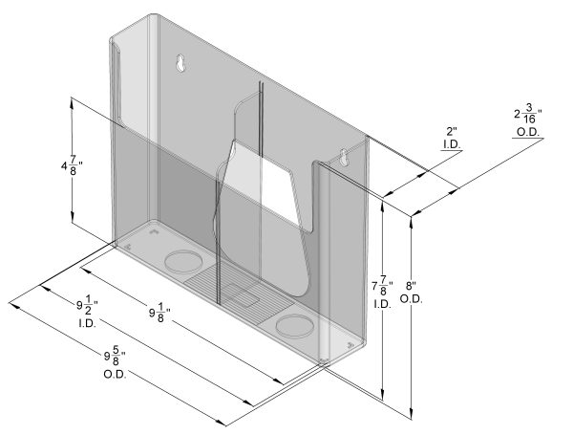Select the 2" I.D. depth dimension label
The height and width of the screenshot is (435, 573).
point(452,137)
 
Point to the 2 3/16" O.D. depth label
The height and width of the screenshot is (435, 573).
point(526,121)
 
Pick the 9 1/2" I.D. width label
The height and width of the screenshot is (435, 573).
point(88,311)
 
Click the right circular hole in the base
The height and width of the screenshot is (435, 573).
point(294,327)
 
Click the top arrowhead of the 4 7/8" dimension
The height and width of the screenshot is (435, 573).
point(73,100)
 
